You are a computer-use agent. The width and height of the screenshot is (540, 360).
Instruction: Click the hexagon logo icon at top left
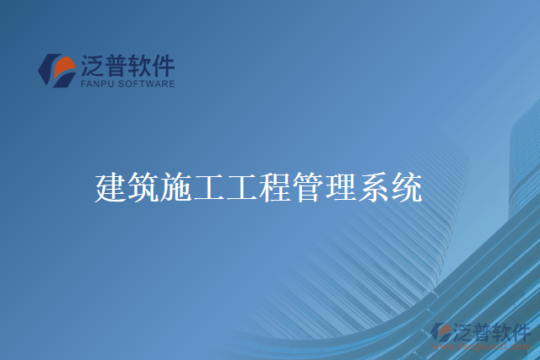[57, 70]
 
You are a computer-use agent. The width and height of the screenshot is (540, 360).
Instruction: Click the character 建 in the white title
[111, 187]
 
